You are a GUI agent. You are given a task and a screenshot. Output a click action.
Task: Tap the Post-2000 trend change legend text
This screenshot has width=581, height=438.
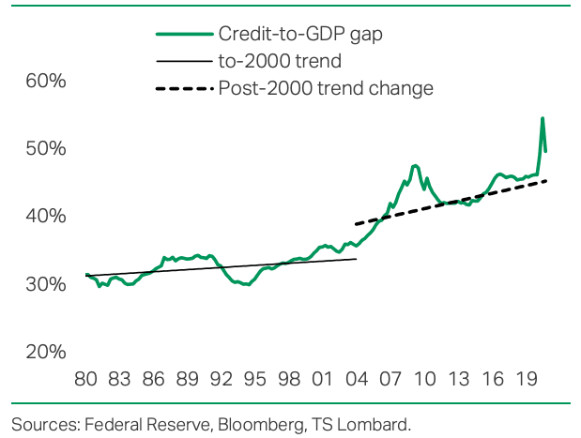click(326, 89)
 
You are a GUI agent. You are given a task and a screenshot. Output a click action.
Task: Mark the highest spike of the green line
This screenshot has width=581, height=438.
click(543, 118)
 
